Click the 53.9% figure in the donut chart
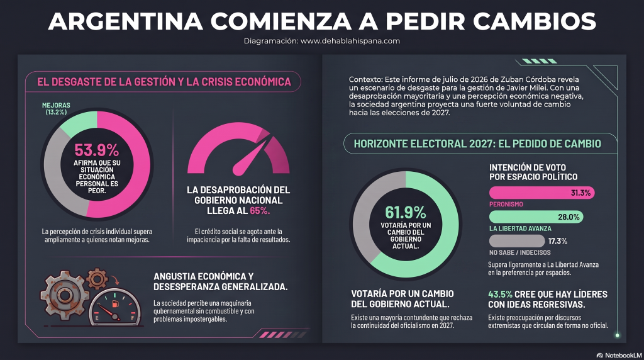point(96,150)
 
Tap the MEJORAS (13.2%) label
point(56,108)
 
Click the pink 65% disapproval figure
point(260,211)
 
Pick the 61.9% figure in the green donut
point(406,213)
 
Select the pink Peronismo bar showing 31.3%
point(541,193)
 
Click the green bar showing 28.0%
point(536,217)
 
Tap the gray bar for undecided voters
point(517,241)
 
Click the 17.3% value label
point(558,241)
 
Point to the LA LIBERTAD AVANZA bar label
point(520,228)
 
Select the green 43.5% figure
point(500,295)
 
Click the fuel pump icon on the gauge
point(116,304)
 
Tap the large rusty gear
point(65,295)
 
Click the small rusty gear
point(97,279)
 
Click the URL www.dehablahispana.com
point(350,41)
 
